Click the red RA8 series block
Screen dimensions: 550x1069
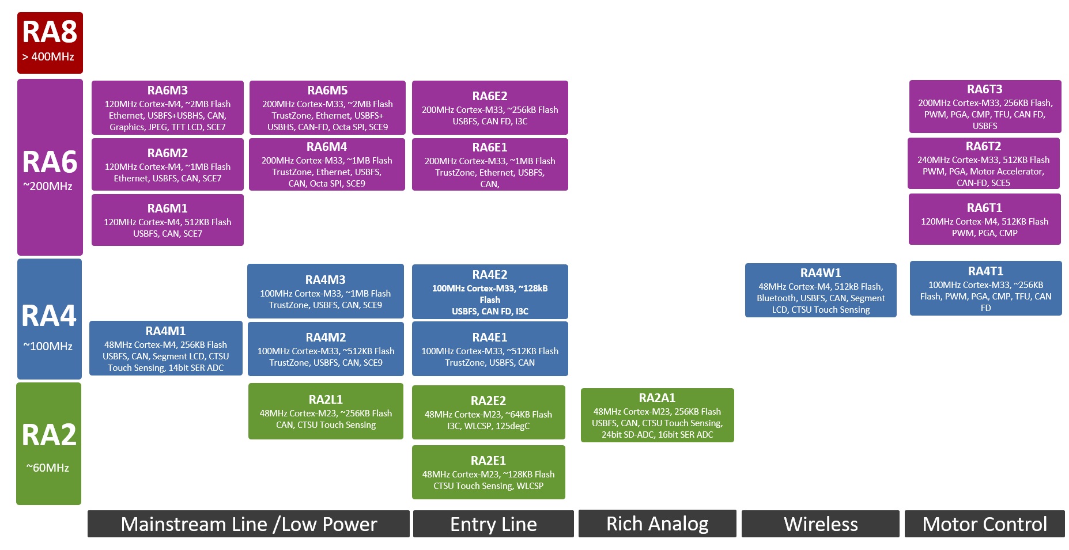click(50, 43)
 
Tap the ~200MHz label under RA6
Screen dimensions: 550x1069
click(48, 186)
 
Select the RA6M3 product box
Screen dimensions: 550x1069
click(167, 108)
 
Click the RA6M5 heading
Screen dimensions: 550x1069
click(327, 90)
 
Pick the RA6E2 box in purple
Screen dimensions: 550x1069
click(490, 108)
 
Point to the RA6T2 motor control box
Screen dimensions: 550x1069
click(983, 164)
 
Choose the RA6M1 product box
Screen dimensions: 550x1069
click(167, 220)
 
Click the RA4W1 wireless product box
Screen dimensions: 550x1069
click(821, 290)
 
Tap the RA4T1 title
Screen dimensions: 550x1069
click(985, 271)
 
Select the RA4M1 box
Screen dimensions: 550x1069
click(166, 348)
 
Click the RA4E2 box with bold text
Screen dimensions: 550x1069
click(490, 291)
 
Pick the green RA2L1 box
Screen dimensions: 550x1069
click(326, 411)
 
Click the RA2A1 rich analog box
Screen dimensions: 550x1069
click(657, 415)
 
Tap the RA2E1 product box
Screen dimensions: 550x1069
click(488, 472)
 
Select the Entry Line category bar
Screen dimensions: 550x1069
click(493, 524)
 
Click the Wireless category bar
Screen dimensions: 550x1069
click(820, 524)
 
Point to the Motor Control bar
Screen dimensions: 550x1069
click(984, 524)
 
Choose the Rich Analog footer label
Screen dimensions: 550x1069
click(657, 524)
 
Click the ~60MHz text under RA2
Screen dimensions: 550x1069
click(48, 468)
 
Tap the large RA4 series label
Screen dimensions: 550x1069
click(49, 316)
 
